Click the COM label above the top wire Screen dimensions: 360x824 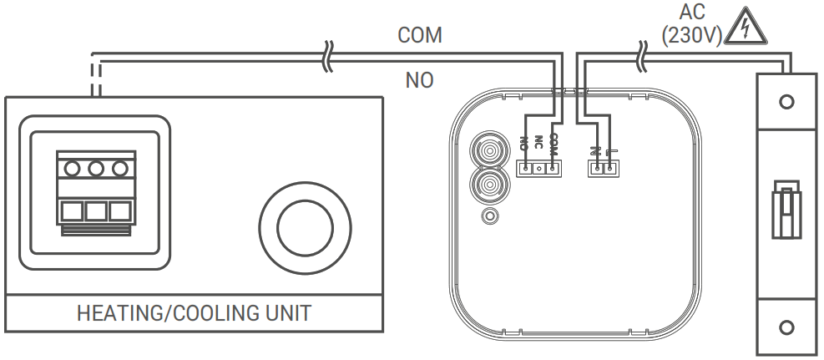click(419, 35)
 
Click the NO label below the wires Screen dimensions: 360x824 click(419, 80)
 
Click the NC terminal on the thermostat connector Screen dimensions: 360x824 click(539, 168)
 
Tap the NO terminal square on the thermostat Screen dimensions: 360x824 click(525, 168)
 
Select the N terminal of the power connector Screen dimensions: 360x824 click(598, 168)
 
